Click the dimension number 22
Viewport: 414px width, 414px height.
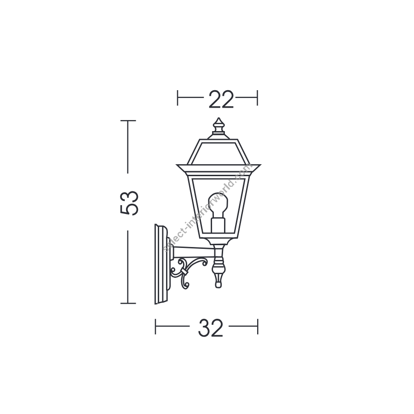pyautogui.click(x=221, y=99)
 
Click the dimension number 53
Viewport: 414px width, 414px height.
pyautogui.click(x=129, y=203)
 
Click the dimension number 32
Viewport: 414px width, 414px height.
pyautogui.click(x=211, y=328)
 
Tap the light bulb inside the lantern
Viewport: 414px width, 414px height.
pyautogui.click(x=218, y=205)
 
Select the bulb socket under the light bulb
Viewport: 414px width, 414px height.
pyautogui.click(x=218, y=225)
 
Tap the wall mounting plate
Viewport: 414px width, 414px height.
pyautogui.click(x=161, y=264)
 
